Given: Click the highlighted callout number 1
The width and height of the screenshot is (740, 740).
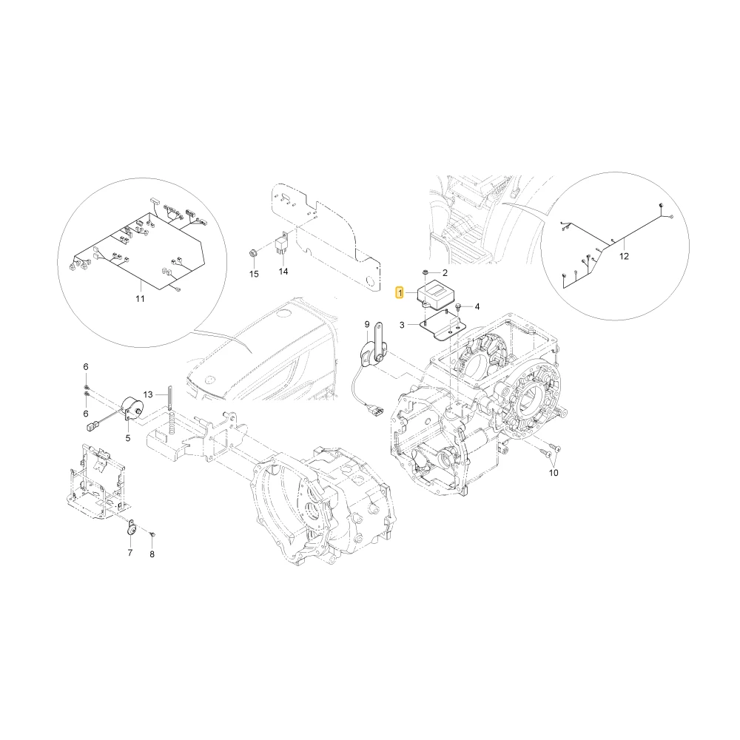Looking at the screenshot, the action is [x=400, y=294].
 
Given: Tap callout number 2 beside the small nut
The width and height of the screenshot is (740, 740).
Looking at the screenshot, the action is [x=445, y=273].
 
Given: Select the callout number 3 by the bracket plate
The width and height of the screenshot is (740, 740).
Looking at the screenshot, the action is [x=402, y=325].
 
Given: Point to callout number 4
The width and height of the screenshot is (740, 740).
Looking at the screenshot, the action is [x=477, y=307].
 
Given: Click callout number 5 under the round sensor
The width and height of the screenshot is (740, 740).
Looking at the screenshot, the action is [x=128, y=438].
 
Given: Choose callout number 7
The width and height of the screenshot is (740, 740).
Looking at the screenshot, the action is [x=130, y=553].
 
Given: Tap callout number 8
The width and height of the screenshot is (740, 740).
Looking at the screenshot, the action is [x=152, y=554].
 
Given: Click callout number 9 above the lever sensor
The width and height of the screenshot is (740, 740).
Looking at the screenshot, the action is [x=367, y=324].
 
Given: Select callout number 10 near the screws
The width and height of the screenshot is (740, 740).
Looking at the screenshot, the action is [x=554, y=472].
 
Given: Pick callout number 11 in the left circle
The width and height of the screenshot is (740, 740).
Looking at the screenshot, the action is [x=140, y=299].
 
